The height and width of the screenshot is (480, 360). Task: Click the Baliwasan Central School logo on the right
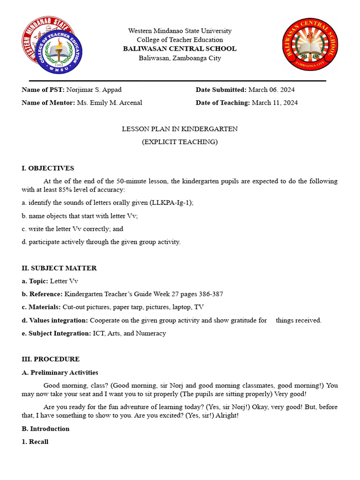tap(310, 45)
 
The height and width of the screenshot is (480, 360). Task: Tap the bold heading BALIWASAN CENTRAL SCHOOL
tap(180, 49)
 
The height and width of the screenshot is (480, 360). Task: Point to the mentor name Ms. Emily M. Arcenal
tap(109, 103)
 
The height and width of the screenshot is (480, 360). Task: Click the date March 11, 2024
tap(275, 103)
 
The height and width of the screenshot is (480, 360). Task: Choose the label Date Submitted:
tap(221, 90)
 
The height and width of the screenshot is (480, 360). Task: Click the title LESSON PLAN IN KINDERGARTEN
tap(180, 129)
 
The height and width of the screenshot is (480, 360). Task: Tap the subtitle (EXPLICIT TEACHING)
tap(180, 142)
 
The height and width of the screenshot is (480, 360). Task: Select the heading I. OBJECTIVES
tap(48, 168)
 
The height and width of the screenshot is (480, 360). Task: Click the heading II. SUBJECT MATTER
tap(59, 268)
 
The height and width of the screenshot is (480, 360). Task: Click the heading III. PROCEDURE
tap(51, 359)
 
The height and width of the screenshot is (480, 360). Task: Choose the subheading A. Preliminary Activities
tap(60, 372)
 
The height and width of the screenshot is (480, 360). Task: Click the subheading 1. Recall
tap(35, 442)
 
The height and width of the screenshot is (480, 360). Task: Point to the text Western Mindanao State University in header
tap(180, 31)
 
